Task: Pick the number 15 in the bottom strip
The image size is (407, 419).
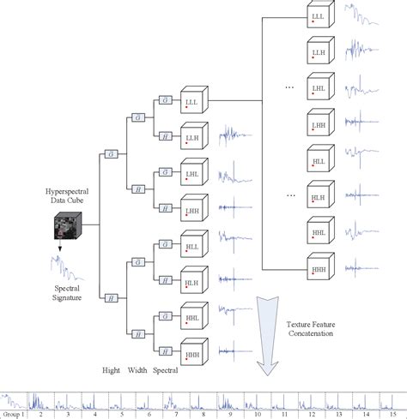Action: (x=391, y=412)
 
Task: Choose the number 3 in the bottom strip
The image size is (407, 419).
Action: (x=68, y=412)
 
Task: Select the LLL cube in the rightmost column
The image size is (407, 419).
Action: (x=319, y=18)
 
